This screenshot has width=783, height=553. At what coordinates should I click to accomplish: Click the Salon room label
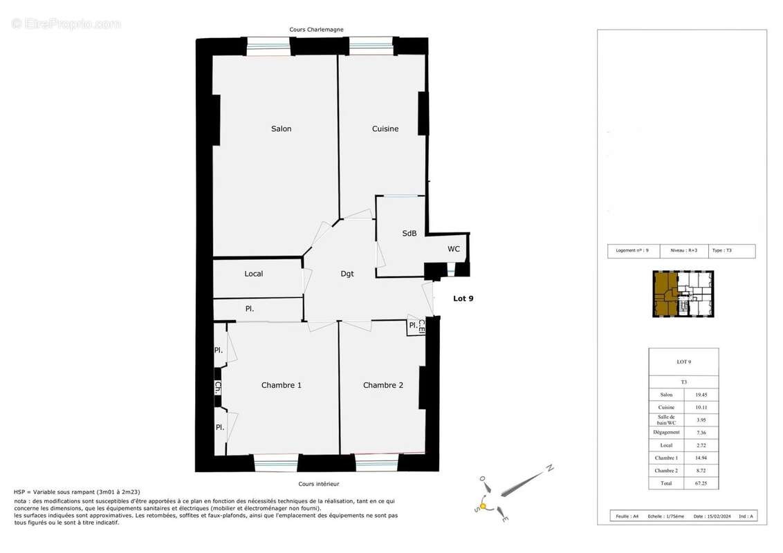[281, 129]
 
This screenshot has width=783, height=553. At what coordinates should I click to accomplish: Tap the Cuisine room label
[385, 129]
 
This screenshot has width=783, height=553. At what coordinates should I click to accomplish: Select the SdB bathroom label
[409, 234]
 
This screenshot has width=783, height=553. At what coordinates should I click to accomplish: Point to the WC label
[454, 249]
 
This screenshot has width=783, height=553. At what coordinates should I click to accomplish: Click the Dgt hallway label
[347, 274]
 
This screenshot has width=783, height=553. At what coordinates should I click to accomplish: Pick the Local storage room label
[254, 274]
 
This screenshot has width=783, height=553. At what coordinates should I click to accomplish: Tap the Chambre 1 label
[281, 385]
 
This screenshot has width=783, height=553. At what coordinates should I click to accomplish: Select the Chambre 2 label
[383, 385]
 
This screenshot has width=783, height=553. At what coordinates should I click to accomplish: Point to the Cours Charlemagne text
[316, 30]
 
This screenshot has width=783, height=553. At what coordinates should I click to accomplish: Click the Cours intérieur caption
[318, 484]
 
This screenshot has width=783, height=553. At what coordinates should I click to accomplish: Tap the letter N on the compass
[549, 468]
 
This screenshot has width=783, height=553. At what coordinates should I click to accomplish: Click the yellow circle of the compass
[483, 507]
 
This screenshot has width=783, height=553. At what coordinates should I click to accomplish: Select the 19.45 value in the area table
[701, 395]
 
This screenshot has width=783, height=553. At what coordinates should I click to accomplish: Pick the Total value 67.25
[701, 483]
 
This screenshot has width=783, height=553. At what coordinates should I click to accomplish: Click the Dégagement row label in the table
[666, 433]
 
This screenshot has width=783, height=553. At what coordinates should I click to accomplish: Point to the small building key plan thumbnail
[683, 294]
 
